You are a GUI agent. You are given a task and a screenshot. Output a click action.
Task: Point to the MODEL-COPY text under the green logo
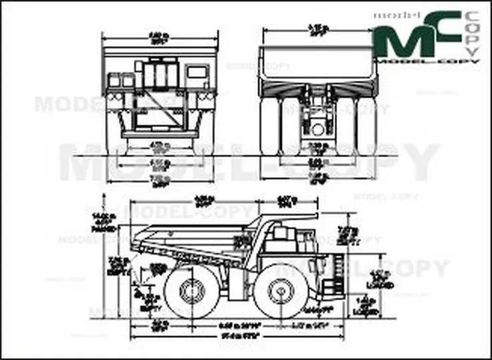[x=428, y=61]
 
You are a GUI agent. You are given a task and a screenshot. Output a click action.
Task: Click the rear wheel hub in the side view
[x=193, y=291]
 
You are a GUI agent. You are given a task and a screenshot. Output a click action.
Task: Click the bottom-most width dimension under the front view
[x=159, y=181]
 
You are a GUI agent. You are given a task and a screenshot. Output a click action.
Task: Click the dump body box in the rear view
[x=318, y=63]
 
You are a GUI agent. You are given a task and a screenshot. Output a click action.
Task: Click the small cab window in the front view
[x=197, y=71]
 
